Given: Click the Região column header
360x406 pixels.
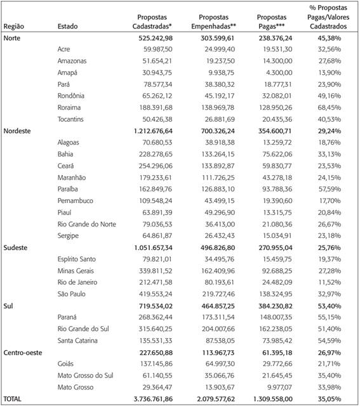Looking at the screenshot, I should pos(15,27).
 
